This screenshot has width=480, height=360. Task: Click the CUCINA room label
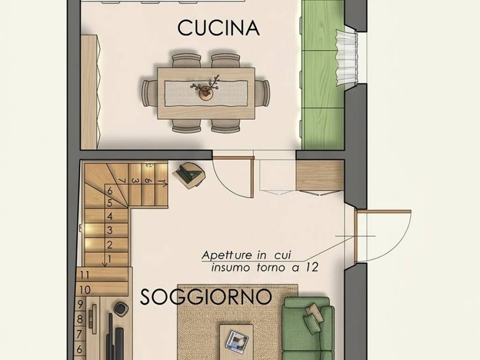pyautogui.click(x=218, y=28)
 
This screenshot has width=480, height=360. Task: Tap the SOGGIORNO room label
pyautogui.click(x=206, y=297)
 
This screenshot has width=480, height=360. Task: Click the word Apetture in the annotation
pyautogui.click(x=224, y=256)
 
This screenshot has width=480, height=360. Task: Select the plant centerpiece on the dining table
pyautogui.click(x=205, y=89)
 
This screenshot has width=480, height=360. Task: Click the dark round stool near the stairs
pyautogui.click(x=121, y=309)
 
